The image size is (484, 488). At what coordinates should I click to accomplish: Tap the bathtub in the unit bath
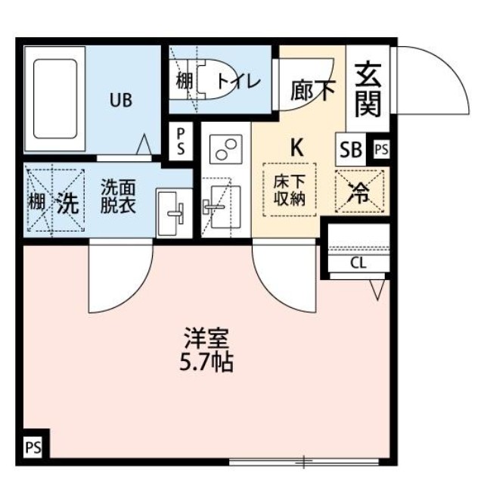54,100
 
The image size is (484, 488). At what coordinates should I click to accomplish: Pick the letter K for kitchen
296,147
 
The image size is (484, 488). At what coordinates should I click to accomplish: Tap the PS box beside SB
380,150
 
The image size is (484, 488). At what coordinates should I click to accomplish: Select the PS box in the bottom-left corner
34,444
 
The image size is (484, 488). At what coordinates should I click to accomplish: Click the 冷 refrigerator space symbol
360,192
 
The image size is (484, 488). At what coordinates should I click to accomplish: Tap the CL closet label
358,263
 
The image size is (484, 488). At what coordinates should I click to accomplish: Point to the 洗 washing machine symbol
67,203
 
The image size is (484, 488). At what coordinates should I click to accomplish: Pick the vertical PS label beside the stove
181,141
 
